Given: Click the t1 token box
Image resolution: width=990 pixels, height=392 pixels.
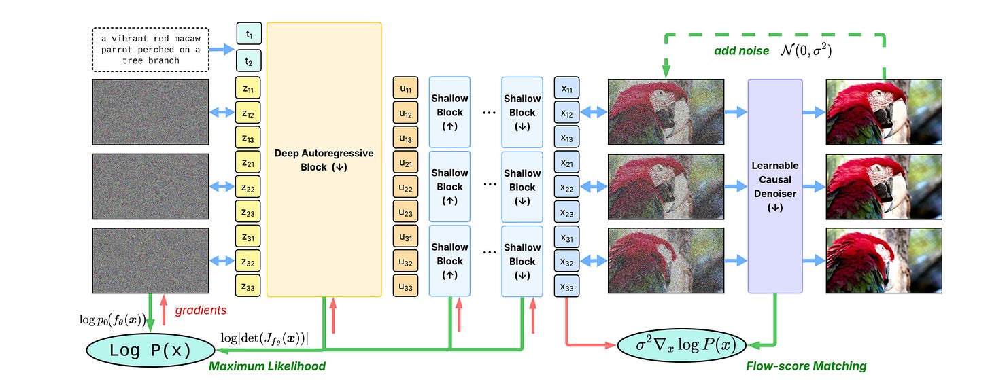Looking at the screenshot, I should click(249, 33).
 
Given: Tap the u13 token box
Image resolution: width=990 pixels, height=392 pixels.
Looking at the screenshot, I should click(406, 139).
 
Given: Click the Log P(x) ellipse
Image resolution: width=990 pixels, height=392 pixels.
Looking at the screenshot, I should click(150, 351).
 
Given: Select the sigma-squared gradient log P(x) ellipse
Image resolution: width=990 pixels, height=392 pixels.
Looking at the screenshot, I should click(682, 345).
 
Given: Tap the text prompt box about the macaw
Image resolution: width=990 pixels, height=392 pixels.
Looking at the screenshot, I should click(150, 49).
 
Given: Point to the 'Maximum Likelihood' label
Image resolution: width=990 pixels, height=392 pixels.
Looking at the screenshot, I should click(267, 366).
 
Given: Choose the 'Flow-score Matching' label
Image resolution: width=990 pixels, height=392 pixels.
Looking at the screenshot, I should click(806, 366).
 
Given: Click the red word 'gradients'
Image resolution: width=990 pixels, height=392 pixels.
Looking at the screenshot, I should click(201, 310).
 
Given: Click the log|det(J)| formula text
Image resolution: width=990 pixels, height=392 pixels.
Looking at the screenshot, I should click(264, 338).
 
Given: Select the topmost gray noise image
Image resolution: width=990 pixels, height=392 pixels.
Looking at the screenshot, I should click(150, 112).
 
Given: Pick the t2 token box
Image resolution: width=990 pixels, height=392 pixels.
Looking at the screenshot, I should click(249, 62).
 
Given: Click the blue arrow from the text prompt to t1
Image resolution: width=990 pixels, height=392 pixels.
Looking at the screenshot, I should click(222, 49).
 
